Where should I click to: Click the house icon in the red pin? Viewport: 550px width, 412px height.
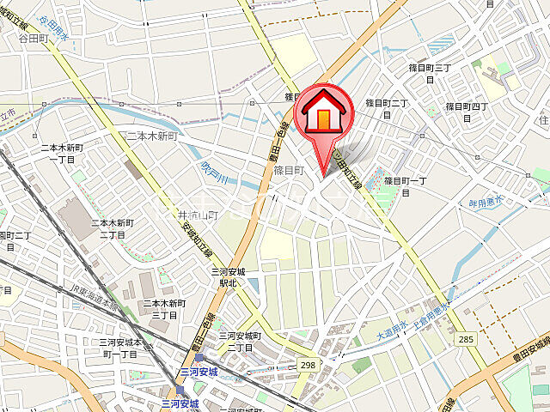tap(324, 115)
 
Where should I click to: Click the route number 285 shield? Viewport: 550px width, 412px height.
tap(466, 340)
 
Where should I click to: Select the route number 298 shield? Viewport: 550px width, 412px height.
tap(308, 365)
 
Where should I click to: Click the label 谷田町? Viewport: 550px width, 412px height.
tap(34, 39)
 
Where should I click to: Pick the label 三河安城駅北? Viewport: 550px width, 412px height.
tap(230, 276)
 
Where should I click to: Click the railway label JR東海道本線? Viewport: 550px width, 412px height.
tap(95, 296)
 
